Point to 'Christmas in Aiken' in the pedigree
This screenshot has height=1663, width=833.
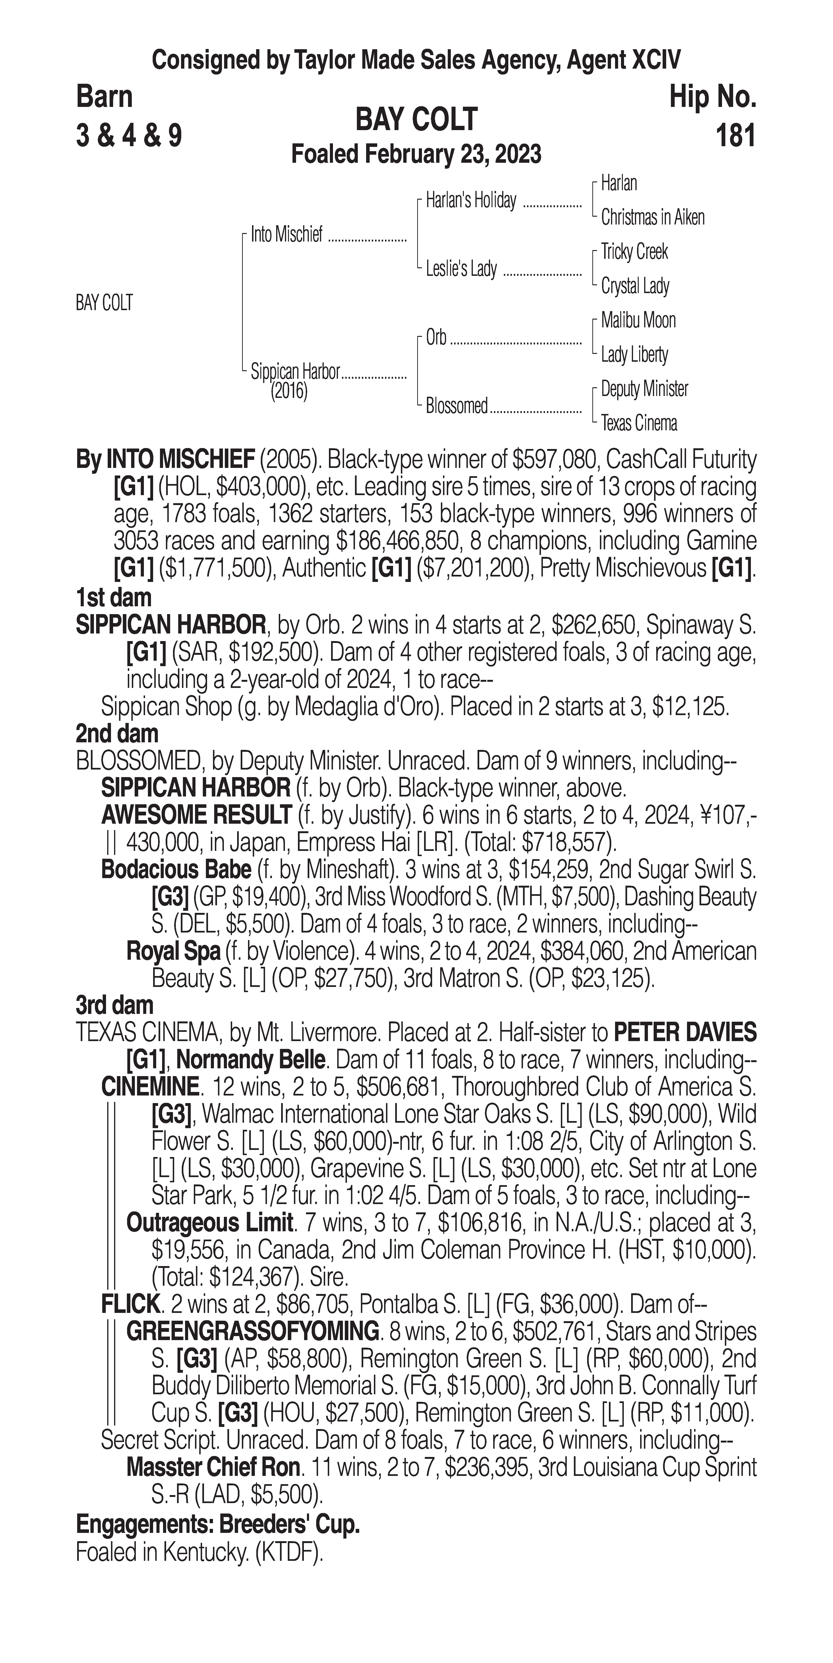click(x=652, y=218)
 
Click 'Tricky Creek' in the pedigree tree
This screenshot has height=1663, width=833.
click(x=634, y=252)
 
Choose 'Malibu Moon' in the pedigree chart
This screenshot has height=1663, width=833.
click(x=638, y=320)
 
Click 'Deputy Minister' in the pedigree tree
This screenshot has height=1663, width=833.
click(x=644, y=389)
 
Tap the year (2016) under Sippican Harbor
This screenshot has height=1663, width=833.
click(x=289, y=391)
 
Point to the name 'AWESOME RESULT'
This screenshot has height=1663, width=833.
click(x=196, y=815)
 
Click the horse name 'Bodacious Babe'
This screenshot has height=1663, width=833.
click(x=176, y=870)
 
